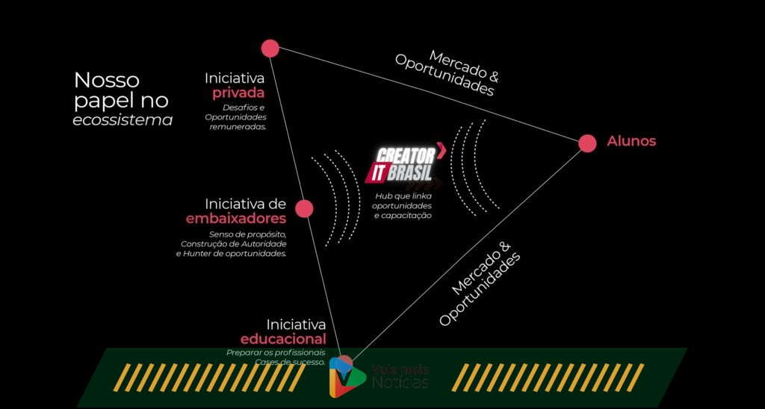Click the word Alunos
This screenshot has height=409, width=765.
pos(631,141)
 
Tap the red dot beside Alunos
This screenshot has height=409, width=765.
pos(587,143)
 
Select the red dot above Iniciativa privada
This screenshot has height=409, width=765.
pos(270,49)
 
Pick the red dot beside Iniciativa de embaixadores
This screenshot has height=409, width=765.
pos(304,208)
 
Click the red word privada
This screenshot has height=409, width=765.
pos(238,93)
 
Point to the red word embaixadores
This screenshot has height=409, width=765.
pos(236,219)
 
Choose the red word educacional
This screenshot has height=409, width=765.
pos(283,340)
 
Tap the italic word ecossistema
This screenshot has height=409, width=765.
pos(123,119)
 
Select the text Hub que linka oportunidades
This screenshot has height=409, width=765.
pos(403,200)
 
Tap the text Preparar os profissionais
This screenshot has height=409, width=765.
pos(276,352)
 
